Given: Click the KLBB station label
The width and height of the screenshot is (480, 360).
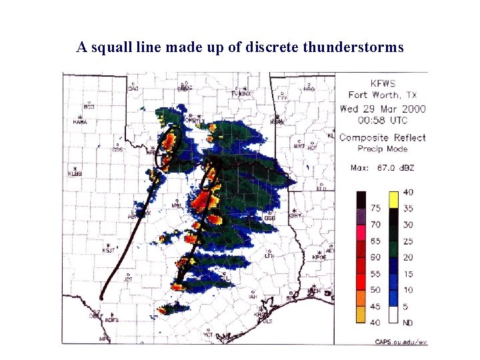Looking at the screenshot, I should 75,174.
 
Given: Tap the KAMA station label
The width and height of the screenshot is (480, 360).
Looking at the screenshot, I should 80,122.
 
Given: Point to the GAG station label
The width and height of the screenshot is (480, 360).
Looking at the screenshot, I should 133,89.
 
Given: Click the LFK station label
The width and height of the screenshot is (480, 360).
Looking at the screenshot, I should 269,255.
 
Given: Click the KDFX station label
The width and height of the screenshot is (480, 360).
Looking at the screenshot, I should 111,320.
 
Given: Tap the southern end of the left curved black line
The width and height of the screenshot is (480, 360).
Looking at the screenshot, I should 101,297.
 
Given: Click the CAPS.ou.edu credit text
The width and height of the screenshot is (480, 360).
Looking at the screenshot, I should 400,342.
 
